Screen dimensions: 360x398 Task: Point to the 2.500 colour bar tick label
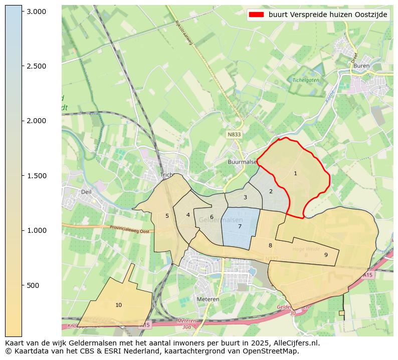pos(36,66)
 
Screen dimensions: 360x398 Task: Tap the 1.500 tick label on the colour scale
pos(36,176)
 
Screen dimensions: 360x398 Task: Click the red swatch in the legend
pos(256,15)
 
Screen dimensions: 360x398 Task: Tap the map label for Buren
pos(361,66)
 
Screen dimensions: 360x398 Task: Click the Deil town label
pos(86,192)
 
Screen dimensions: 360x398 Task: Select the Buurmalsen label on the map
pos(242,162)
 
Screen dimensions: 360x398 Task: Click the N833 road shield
pos(234,135)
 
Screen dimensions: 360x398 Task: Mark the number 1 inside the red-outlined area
pos(295,173)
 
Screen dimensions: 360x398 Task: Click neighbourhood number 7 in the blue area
pos(240,226)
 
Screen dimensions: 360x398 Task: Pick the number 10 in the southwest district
pos(118,305)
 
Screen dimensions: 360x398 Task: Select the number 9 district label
pos(326,255)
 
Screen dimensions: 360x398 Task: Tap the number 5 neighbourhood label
pos(167,216)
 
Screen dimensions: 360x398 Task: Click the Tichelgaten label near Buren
pos(306,80)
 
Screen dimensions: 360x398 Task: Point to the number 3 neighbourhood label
pos(245,197)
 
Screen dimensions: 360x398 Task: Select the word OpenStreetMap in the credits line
pos(274,351)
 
